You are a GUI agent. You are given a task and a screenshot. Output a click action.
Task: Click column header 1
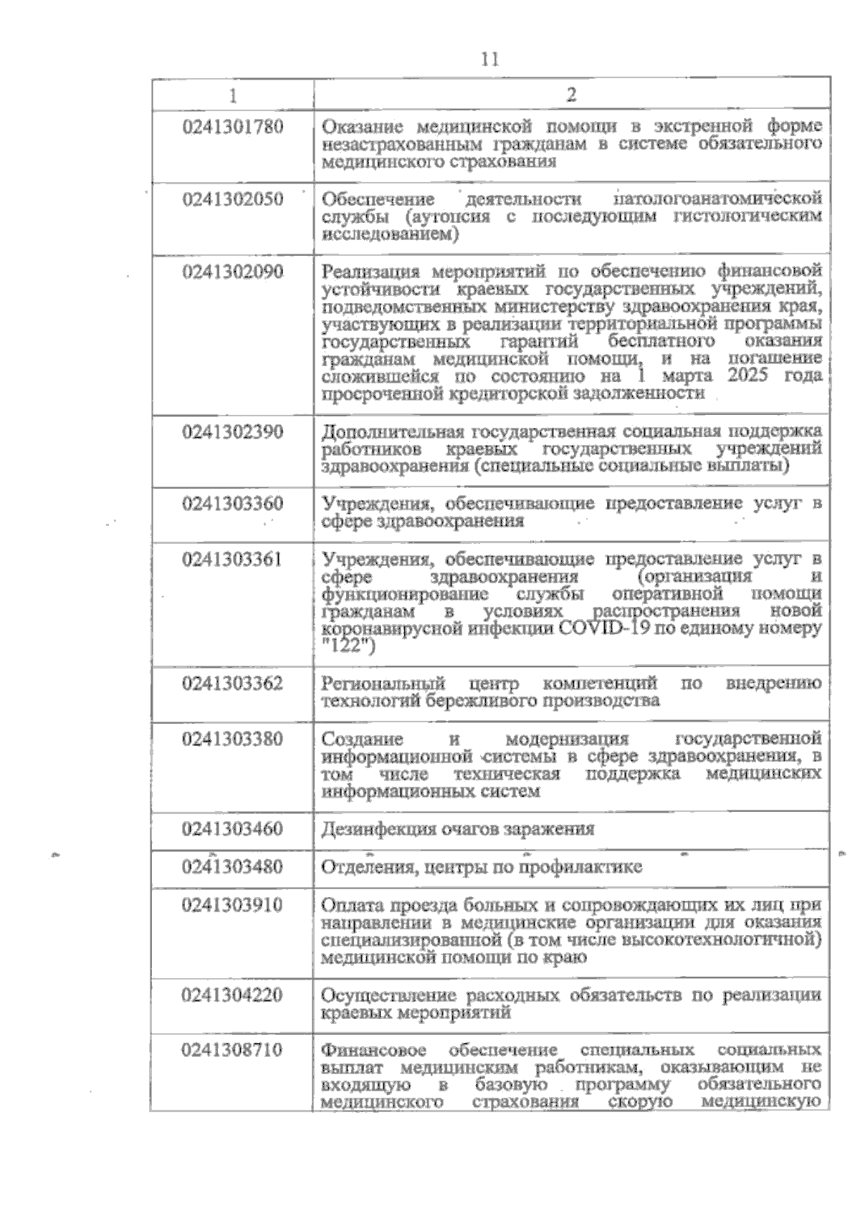pyautogui.click(x=233, y=94)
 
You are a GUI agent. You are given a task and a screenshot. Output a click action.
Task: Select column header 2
pyautogui.click(x=571, y=94)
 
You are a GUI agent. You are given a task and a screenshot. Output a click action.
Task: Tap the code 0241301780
pyautogui.click(x=233, y=128)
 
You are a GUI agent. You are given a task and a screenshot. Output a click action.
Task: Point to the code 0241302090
pyautogui.click(x=233, y=273)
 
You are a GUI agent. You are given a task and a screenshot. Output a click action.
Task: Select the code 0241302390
pyautogui.click(x=233, y=432)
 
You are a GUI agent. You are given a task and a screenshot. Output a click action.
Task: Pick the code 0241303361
pyautogui.click(x=233, y=560)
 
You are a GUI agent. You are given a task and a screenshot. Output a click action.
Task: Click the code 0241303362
pyautogui.click(x=233, y=683)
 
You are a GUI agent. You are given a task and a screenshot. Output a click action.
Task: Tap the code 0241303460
pyautogui.click(x=233, y=829)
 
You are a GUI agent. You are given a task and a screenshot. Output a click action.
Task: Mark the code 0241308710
pyautogui.click(x=233, y=1051)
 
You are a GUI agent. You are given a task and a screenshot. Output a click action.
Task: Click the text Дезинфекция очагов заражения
pyautogui.click(x=458, y=830)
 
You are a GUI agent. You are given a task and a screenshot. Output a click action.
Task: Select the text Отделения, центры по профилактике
pyautogui.click(x=482, y=868)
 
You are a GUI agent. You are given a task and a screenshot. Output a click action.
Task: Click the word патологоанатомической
pyautogui.click(x=719, y=198)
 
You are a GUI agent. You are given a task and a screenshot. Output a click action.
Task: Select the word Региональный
pyautogui.click(x=383, y=683)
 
